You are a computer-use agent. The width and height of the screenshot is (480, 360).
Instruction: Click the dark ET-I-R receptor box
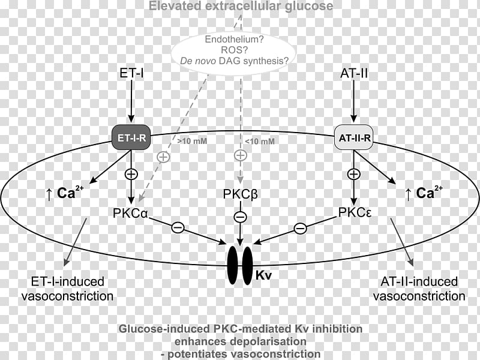click(x=131, y=137)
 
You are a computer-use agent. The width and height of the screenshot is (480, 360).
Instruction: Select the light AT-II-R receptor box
click(x=354, y=137)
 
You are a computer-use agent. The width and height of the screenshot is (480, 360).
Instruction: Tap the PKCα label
click(x=130, y=213)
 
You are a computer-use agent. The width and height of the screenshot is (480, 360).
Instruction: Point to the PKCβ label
click(x=241, y=194)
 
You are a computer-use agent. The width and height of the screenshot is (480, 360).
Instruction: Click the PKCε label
click(x=355, y=212)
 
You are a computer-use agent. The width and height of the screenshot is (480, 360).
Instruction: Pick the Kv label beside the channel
click(x=263, y=275)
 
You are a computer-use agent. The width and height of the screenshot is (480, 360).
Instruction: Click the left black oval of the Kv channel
click(x=233, y=265)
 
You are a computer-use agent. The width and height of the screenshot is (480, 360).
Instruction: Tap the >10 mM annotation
click(x=192, y=141)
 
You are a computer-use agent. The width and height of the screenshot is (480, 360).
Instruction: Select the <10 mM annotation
click(x=260, y=141)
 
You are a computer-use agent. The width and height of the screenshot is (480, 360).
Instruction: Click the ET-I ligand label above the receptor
click(x=131, y=73)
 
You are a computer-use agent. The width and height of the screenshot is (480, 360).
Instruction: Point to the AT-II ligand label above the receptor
click(x=354, y=73)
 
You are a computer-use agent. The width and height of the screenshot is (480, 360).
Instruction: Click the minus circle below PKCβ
click(x=240, y=217)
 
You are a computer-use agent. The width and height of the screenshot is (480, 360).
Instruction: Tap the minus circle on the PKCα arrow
click(x=178, y=227)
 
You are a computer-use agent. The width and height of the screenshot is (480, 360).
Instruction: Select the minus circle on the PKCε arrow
click(x=301, y=229)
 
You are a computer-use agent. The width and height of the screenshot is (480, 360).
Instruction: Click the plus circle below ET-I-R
click(x=131, y=174)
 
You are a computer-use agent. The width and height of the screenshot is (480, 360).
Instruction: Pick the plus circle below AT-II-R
click(x=354, y=174)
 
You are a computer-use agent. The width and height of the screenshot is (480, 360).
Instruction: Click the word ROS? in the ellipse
click(x=234, y=50)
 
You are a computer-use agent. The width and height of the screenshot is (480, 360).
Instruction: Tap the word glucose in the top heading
click(x=309, y=6)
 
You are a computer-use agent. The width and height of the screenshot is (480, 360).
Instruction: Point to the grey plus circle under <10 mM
click(x=241, y=155)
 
